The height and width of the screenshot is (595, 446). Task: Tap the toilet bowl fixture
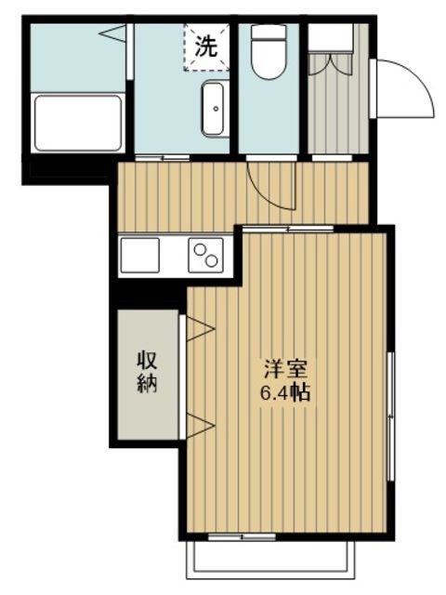click(269, 51)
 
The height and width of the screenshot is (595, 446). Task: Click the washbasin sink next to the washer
click(213, 108)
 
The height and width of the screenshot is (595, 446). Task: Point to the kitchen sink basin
click(140, 255)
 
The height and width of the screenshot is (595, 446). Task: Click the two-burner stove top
click(206, 254)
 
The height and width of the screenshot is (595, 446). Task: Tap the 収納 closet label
click(147, 372)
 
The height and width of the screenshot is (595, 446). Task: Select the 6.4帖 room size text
click(283, 392)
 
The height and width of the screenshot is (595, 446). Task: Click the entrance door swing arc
click(405, 88)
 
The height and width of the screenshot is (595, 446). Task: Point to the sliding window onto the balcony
click(243, 536)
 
